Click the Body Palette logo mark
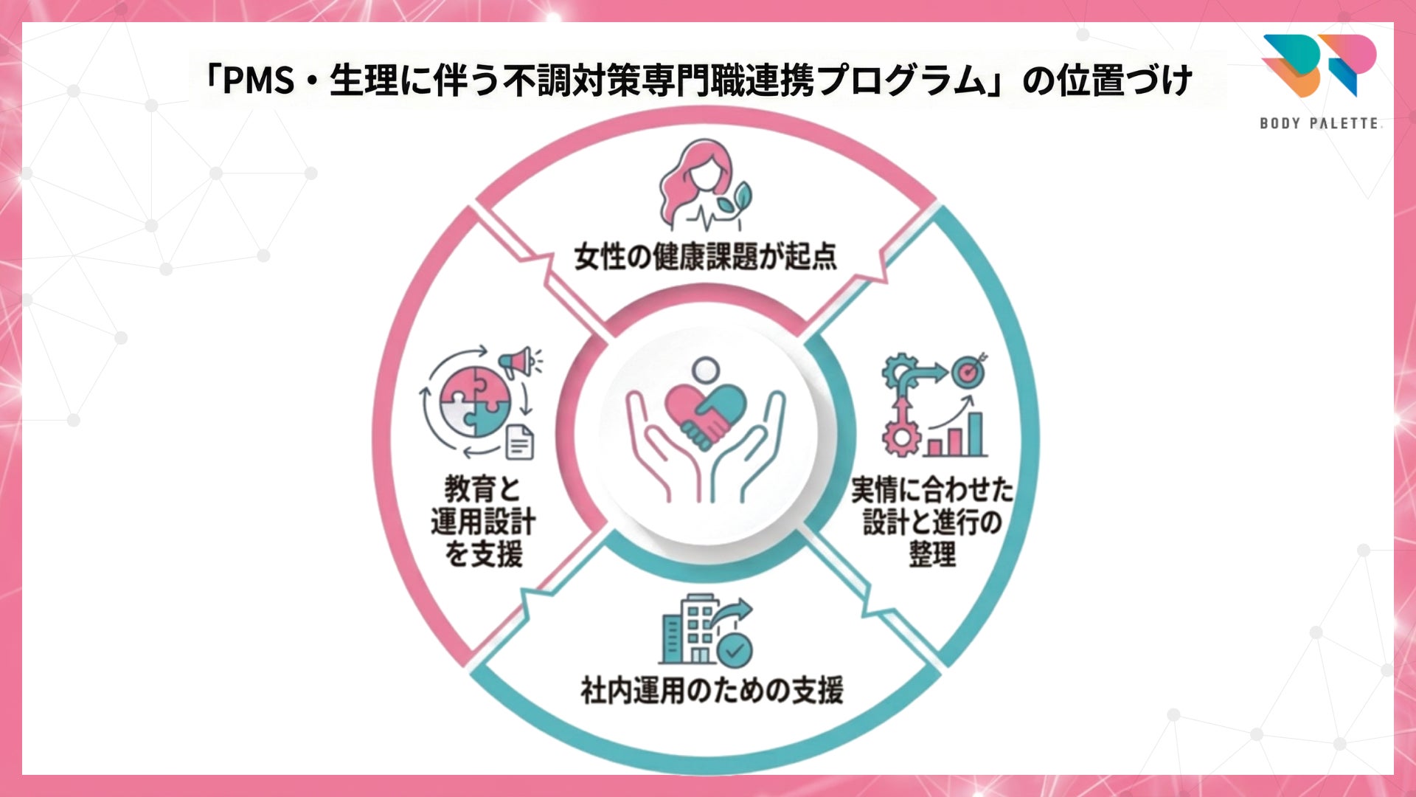click(1319, 65)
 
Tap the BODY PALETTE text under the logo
click(1319, 123)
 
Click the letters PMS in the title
click(259, 80)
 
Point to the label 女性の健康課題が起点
click(705, 257)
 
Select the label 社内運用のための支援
click(712, 691)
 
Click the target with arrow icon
click(969, 371)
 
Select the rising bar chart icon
click(956, 432)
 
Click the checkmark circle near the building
click(735, 650)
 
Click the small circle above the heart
click(707, 369)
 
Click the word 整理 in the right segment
click(932, 554)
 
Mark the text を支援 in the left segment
click(483, 554)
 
